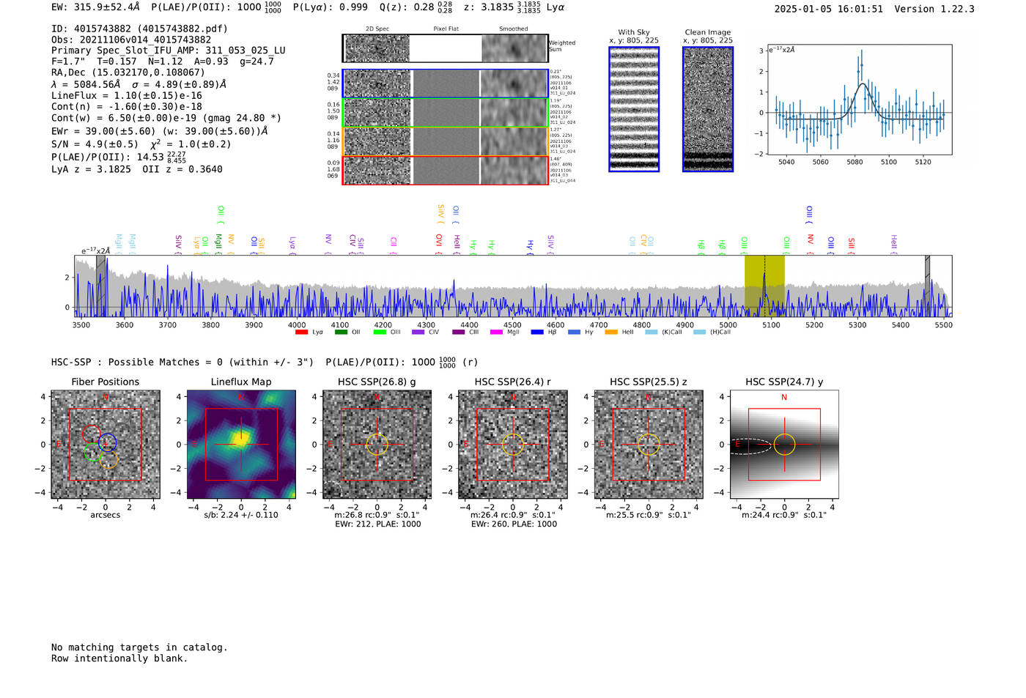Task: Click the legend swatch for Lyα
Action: tap(301, 333)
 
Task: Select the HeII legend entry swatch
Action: tap(610, 333)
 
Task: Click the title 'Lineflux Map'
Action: tap(240, 382)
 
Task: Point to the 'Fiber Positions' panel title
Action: tap(105, 382)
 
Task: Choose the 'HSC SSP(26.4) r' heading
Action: tap(512, 382)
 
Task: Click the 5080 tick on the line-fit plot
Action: tap(855, 162)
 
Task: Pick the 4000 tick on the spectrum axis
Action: tap(297, 325)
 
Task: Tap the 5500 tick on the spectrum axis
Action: tap(943, 325)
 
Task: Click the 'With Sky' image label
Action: tap(633, 32)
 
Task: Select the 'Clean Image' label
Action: tap(707, 32)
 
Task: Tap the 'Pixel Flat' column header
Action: tap(446, 29)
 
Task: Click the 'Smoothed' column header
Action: tap(513, 29)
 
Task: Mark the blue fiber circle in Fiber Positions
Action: tap(108, 442)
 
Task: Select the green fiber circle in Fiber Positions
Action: tap(92, 452)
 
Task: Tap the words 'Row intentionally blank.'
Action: tap(119, 658)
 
